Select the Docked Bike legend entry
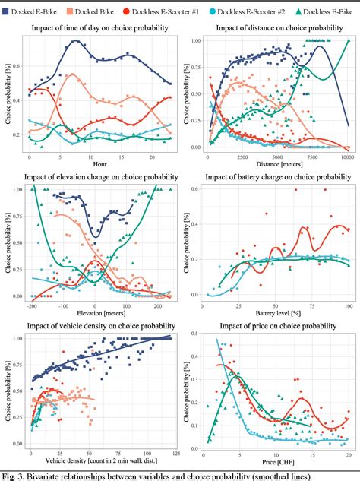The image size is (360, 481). [x=93, y=10]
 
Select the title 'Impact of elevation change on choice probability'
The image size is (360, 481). [x=103, y=178]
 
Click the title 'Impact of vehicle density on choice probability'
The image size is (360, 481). [x=103, y=326]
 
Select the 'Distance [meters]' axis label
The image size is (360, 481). [x=277, y=164]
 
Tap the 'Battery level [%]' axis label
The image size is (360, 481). [x=277, y=313]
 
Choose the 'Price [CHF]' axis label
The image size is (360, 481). [x=277, y=461]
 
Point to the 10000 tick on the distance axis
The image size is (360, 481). [x=346, y=156]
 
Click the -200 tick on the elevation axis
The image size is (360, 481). [x=31, y=305]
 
